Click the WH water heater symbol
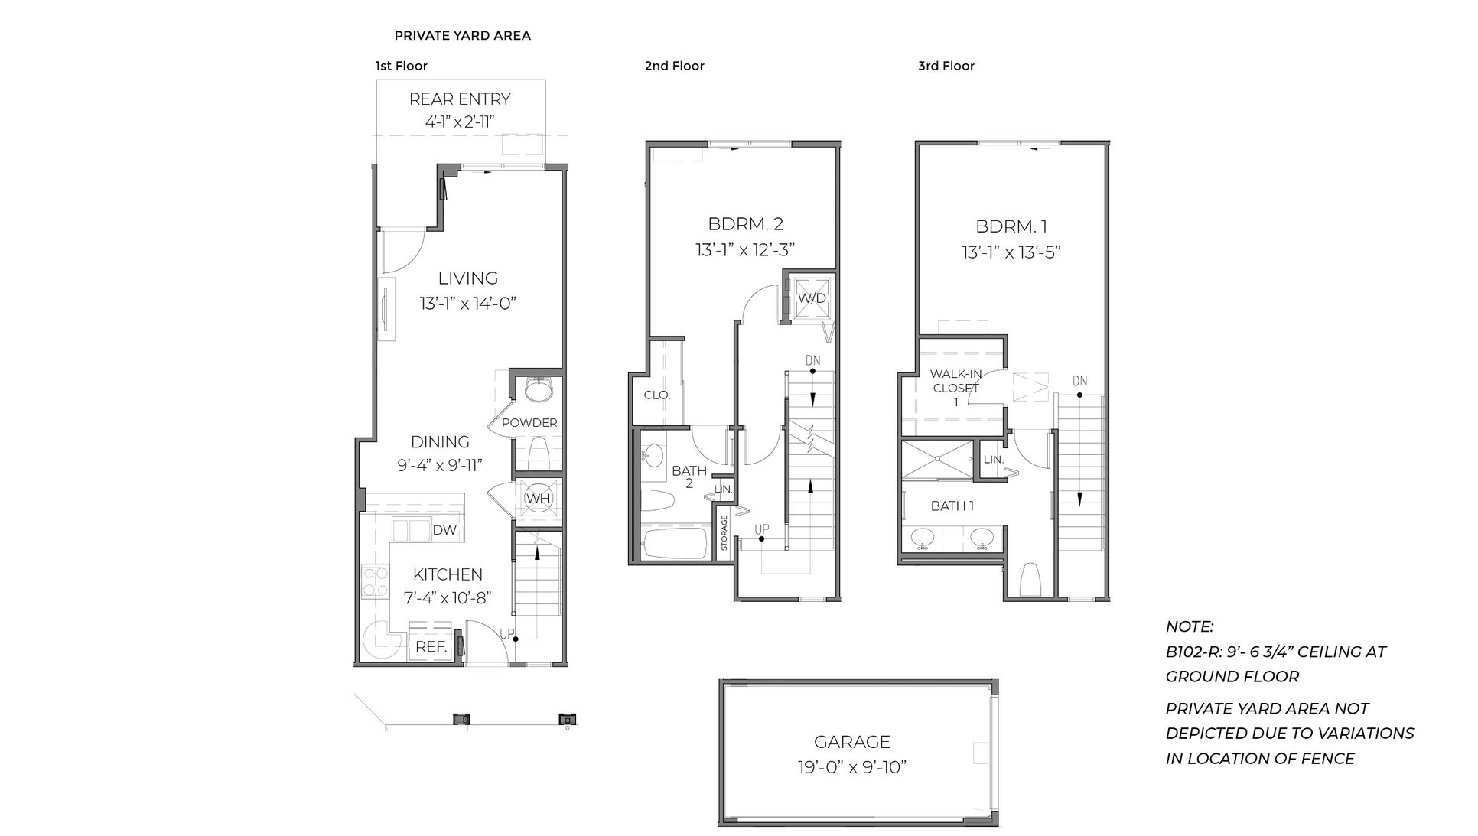click(537, 499)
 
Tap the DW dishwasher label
click(444, 530)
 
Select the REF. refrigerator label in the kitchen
click(431, 647)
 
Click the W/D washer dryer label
click(812, 298)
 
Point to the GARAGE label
click(851, 742)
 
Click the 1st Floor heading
click(401, 66)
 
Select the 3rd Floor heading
click(946, 66)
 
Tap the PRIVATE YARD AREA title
click(462, 35)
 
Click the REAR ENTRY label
click(460, 99)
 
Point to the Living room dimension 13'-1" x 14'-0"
click(468, 304)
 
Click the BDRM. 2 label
click(745, 224)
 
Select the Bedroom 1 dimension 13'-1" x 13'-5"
click(1011, 252)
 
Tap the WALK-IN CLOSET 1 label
click(955, 388)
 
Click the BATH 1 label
click(952, 506)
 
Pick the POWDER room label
click(529, 422)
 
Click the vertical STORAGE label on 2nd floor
click(724, 532)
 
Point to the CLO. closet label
click(657, 395)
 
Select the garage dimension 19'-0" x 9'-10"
click(851, 767)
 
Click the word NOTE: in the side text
click(1189, 626)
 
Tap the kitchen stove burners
click(374, 581)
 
